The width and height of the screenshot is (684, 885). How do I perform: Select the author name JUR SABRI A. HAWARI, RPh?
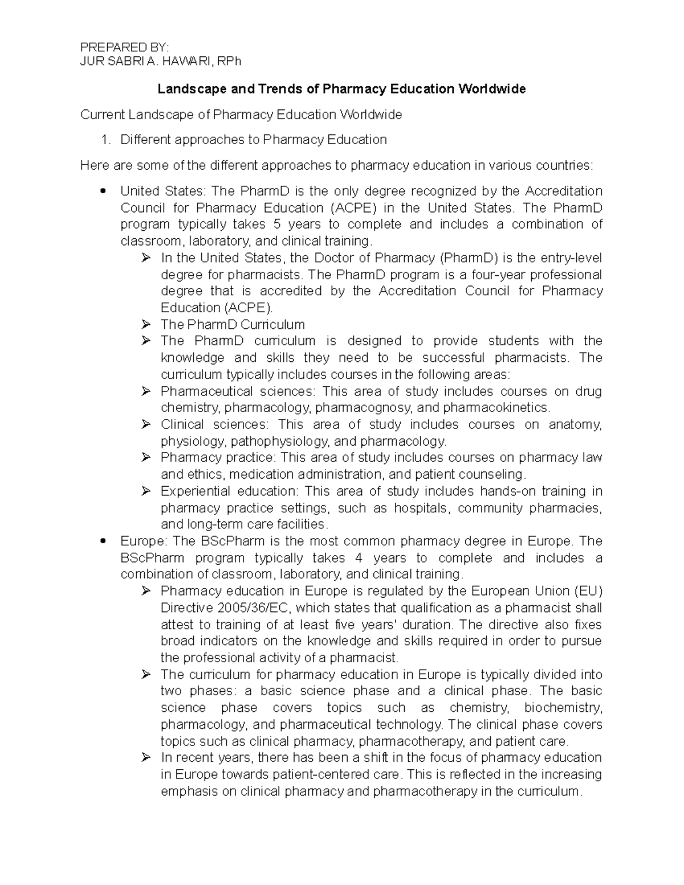161,61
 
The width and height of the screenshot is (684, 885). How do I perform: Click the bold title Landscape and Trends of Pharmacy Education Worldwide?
341,89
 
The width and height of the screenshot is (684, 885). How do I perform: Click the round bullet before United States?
103,191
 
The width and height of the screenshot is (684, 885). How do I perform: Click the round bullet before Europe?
103,541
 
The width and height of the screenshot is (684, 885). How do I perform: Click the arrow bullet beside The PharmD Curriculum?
146,325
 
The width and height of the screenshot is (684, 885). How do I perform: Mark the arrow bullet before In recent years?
146,758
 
